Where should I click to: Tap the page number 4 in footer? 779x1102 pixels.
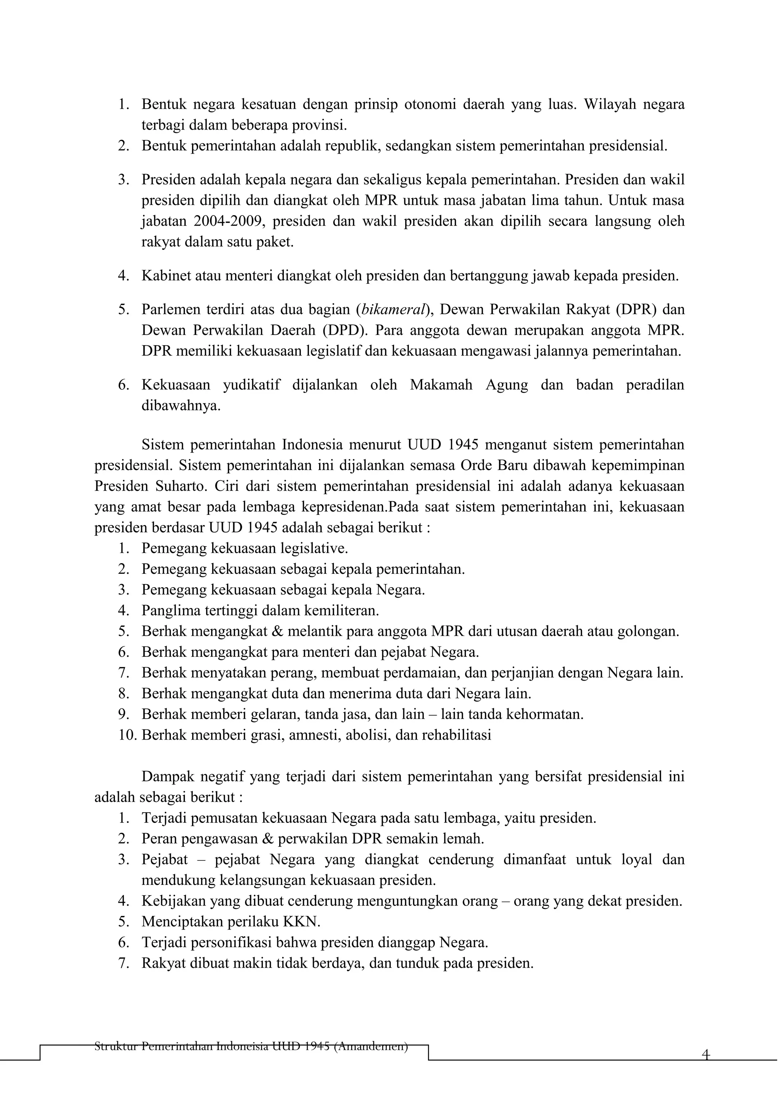pos(705,1054)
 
